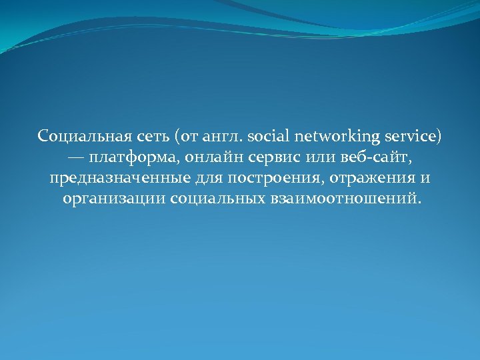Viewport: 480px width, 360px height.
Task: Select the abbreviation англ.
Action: coord(222,137)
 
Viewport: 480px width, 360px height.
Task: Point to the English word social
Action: coord(268,137)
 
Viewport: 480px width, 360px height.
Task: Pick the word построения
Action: coord(252,179)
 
